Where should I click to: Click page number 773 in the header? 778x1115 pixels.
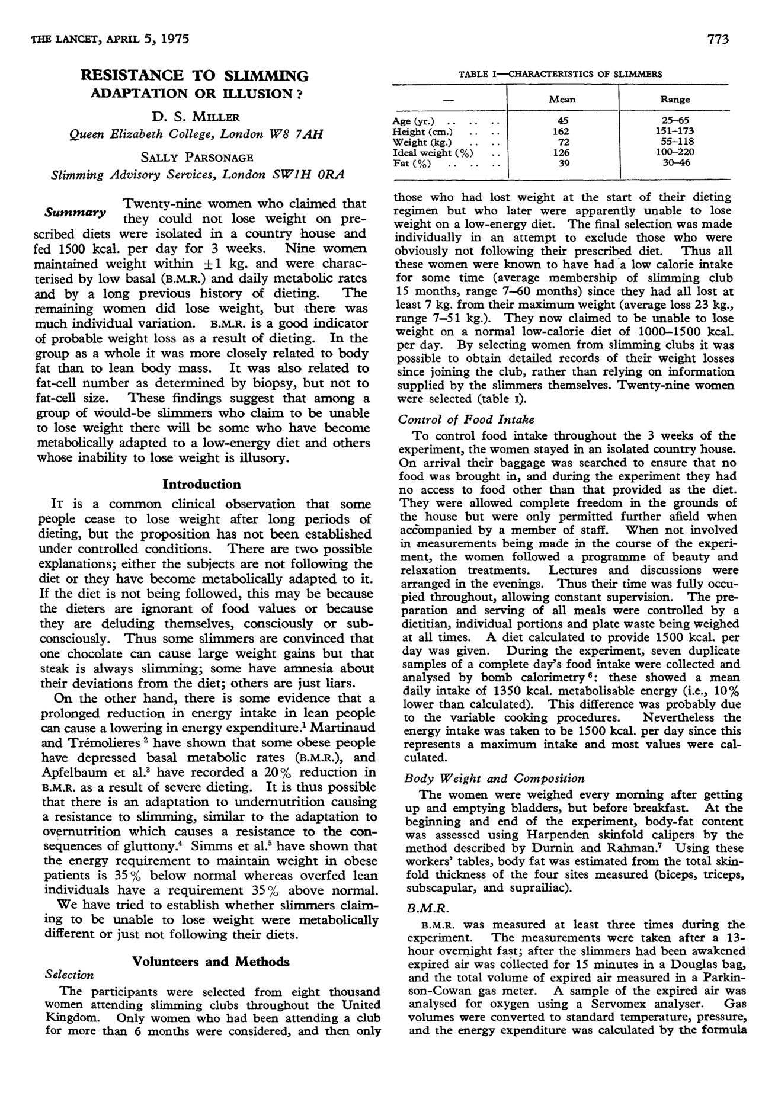[717, 40]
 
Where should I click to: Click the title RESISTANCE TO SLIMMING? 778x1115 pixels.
[195, 76]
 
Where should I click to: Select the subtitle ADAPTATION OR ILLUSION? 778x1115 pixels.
[195, 94]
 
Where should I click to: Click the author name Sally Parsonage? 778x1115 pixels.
[196, 158]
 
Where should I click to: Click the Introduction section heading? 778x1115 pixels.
[201, 485]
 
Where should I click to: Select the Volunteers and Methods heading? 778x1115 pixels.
[210, 962]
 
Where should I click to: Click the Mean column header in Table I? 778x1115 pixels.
[562, 100]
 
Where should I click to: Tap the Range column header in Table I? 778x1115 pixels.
[675, 100]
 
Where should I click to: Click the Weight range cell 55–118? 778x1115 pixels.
[677, 142]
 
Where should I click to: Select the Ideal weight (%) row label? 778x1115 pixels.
[433, 152]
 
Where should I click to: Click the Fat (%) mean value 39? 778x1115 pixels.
[564, 163]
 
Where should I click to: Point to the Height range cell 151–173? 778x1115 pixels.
[677, 131]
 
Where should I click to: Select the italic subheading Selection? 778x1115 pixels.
[69, 975]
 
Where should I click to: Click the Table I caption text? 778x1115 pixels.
[560, 74]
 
